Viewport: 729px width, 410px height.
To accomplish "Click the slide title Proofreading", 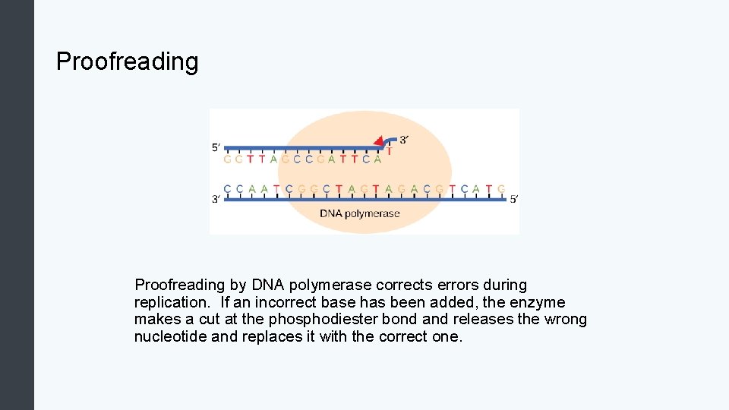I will tap(127, 61).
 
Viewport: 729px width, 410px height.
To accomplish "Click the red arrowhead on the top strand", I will tap(378, 141).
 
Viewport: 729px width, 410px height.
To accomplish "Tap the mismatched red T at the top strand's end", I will tap(390, 151).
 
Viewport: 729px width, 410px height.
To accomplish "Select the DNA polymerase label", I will tap(359, 213).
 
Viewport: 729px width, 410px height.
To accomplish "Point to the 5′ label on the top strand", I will tap(217, 148).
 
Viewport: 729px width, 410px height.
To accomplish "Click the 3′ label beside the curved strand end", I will tap(404, 140).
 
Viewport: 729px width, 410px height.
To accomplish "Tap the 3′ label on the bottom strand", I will tap(216, 200).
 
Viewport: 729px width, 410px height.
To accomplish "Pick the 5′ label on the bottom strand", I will tap(514, 200).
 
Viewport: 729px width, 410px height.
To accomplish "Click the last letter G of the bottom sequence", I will tap(501, 188).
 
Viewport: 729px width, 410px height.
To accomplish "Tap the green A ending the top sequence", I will tap(378, 159).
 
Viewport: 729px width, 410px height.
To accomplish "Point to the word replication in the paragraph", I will tap(171, 302).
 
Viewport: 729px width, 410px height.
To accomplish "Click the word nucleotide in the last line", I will tap(169, 336).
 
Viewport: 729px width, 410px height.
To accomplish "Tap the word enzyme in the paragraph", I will tap(540, 302).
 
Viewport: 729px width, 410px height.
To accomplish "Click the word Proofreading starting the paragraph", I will tap(181, 285).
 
